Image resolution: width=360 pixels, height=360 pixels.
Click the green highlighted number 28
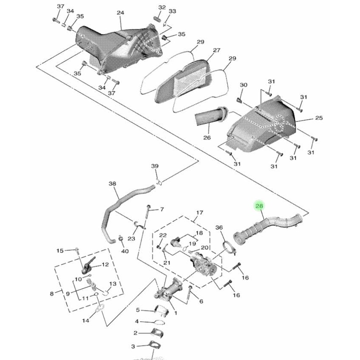[259, 205]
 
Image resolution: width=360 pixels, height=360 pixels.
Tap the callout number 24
[120, 12]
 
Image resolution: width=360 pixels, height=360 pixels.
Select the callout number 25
[318, 118]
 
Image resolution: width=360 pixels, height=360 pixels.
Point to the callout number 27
[216, 50]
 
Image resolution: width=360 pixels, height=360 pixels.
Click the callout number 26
[207, 137]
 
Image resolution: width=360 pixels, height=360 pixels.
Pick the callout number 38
[112, 183]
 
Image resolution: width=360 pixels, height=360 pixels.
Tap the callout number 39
[154, 166]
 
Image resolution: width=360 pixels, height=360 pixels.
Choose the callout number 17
[199, 212]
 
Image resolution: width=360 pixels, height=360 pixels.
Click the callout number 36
[219, 227]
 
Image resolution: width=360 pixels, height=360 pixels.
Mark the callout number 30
[243, 85]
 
